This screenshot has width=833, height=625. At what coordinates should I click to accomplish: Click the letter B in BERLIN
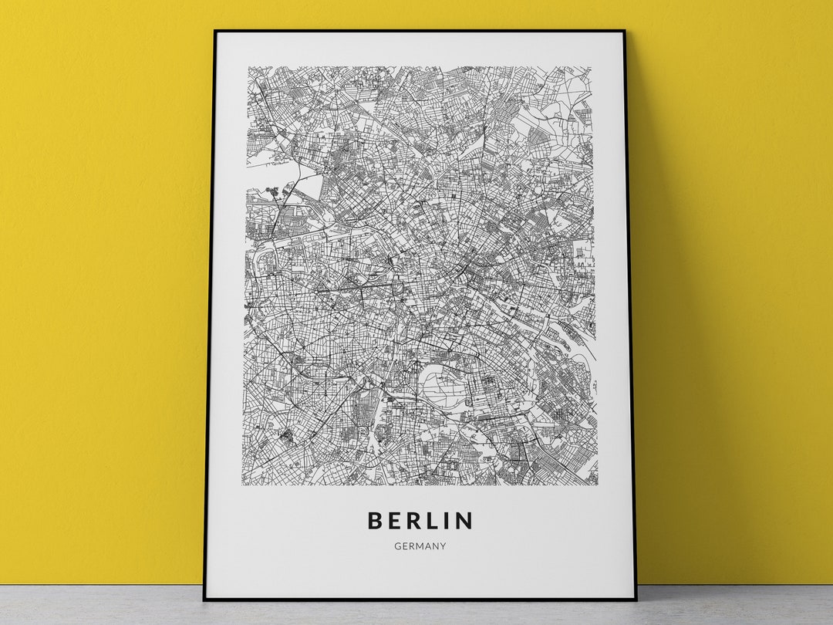(x=376, y=521)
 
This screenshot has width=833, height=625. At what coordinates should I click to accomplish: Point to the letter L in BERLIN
(x=438, y=521)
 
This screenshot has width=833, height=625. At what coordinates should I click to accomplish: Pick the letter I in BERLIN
(x=451, y=521)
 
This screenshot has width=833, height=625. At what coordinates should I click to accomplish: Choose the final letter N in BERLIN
(x=465, y=521)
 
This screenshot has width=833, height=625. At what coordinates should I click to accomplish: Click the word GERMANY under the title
(x=420, y=546)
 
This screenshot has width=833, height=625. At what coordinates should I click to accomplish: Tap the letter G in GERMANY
(x=397, y=546)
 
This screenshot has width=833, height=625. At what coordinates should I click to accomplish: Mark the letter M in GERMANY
(x=419, y=546)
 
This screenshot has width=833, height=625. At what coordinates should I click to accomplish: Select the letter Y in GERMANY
(x=443, y=546)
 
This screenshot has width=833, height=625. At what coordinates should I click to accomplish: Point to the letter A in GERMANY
(x=427, y=546)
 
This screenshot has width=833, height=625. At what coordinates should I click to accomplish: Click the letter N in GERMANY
(x=435, y=546)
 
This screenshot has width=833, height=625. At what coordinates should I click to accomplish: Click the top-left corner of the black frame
(x=215, y=32)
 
